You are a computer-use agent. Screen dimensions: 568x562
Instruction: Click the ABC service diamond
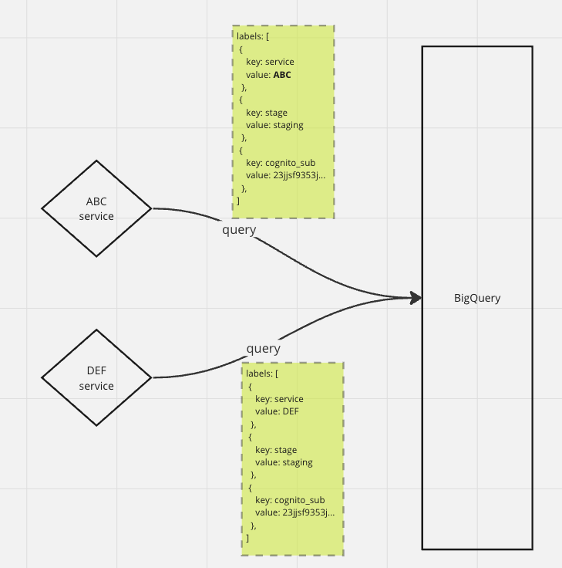pos(96,208)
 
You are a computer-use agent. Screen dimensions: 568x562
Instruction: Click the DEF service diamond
pos(96,378)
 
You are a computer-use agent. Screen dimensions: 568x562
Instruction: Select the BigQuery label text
pos(477,298)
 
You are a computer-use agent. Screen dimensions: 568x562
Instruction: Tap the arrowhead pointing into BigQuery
pos(416,298)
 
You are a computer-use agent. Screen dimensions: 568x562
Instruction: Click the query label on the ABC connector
pos(239,230)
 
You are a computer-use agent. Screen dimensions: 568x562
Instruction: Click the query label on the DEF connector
pos(264,349)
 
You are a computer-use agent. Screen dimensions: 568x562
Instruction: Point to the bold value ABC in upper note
pos(282,76)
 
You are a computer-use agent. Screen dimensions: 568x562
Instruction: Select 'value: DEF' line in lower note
pos(277,411)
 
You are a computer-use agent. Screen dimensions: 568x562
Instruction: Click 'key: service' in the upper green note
pos(270,62)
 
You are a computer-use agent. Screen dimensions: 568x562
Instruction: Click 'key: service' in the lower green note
pos(279,399)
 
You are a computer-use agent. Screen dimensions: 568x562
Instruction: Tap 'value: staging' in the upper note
pos(274,125)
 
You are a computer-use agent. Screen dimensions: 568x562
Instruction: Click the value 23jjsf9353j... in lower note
pos(294,512)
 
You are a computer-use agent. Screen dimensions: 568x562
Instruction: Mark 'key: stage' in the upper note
pos(267,113)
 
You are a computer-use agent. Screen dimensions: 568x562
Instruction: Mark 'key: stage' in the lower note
pos(276,450)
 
